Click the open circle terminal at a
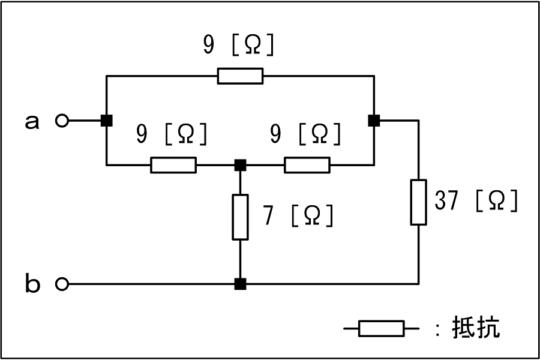(x=62, y=121)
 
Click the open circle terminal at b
(x=62, y=284)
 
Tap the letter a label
(x=32, y=122)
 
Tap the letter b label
(x=32, y=283)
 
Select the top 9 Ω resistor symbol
(x=241, y=76)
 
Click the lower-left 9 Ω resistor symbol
(x=173, y=165)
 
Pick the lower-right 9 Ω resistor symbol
(x=307, y=165)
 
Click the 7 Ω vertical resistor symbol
(x=240, y=217)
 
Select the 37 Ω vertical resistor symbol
(x=418, y=202)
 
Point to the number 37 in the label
(x=446, y=200)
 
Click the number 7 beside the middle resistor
(x=269, y=215)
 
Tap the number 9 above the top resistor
(x=208, y=45)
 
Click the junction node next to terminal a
(x=107, y=121)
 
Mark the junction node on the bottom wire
(x=241, y=284)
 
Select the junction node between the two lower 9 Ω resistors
(x=241, y=165)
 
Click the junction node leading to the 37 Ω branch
(x=374, y=121)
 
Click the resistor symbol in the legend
(x=381, y=328)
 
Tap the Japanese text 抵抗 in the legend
(x=476, y=327)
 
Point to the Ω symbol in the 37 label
(x=497, y=200)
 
